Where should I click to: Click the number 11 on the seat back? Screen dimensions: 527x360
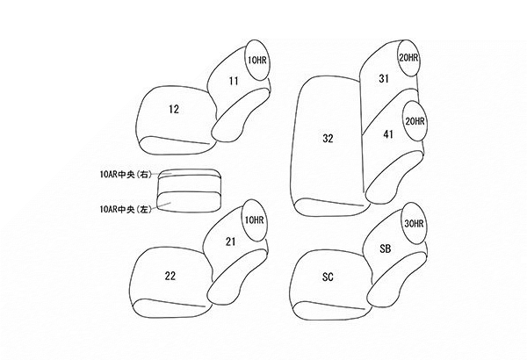tap(234, 81)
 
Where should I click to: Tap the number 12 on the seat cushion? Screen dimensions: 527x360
tap(174, 109)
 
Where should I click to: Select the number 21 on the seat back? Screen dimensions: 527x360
tap(230, 241)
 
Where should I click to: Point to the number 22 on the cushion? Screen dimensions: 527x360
tap(170, 276)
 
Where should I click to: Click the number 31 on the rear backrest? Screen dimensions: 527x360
tap(384, 79)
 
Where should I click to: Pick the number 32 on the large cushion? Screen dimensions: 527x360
tap(328, 138)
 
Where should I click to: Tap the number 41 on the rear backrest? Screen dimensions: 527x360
tap(388, 134)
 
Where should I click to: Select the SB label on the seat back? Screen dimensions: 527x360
tap(386, 248)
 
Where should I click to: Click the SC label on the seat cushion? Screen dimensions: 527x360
tap(328, 277)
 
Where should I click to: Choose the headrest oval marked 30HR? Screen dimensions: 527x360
tap(414, 223)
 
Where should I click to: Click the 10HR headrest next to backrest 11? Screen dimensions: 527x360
tap(258, 60)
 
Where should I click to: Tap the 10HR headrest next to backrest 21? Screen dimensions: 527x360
tap(255, 220)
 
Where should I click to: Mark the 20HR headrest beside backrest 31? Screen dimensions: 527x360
tap(408, 58)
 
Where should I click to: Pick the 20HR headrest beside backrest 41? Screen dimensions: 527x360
tap(415, 120)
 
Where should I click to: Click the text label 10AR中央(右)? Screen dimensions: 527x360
tap(126, 175)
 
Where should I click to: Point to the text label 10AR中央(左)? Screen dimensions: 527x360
tap(126, 209)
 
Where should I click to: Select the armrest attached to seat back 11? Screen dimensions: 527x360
tap(241, 114)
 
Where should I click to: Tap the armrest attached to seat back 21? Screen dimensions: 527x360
tap(237, 277)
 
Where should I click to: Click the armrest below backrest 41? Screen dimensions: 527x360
tap(393, 177)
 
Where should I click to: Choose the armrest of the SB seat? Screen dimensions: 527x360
tap(397, 280)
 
